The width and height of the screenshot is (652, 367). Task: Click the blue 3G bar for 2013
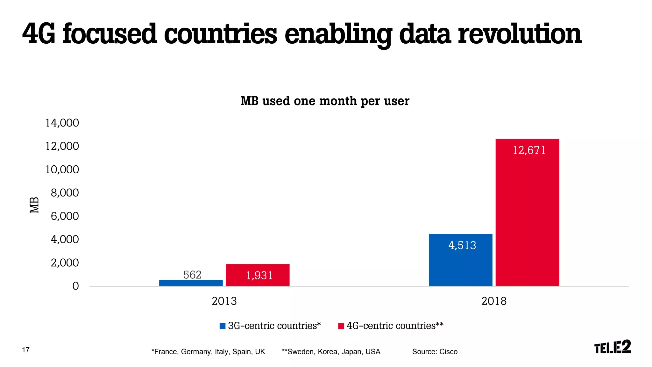pos(191,283)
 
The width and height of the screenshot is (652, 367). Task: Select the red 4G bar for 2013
pos(258,275)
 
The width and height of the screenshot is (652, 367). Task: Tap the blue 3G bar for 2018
pos(460,260)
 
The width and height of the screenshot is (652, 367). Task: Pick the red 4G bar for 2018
pos(527,212)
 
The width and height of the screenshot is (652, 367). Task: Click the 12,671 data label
pos(529,150)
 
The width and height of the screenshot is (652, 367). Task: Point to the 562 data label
pos(192,275)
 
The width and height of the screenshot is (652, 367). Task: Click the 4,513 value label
pos(462,245)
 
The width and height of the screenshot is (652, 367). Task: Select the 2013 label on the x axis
pos(224,301)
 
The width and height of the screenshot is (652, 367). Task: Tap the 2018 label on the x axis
pos(494,301)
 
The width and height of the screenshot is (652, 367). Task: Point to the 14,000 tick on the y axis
pos(62,123)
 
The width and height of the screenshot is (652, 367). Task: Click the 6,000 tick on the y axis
pos(65,216)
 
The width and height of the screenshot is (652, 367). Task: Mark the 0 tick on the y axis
pos(75,286)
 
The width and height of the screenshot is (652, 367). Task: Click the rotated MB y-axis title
pos(34,205)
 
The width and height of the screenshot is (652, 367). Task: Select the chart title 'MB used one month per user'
pos(325,101)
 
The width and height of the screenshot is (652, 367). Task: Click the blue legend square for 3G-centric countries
pos(223,326)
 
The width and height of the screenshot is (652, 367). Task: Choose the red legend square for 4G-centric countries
pos(341,326)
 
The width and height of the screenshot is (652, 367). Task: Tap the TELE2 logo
pos(612,347)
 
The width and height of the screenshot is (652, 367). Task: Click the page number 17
pos(26,350)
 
